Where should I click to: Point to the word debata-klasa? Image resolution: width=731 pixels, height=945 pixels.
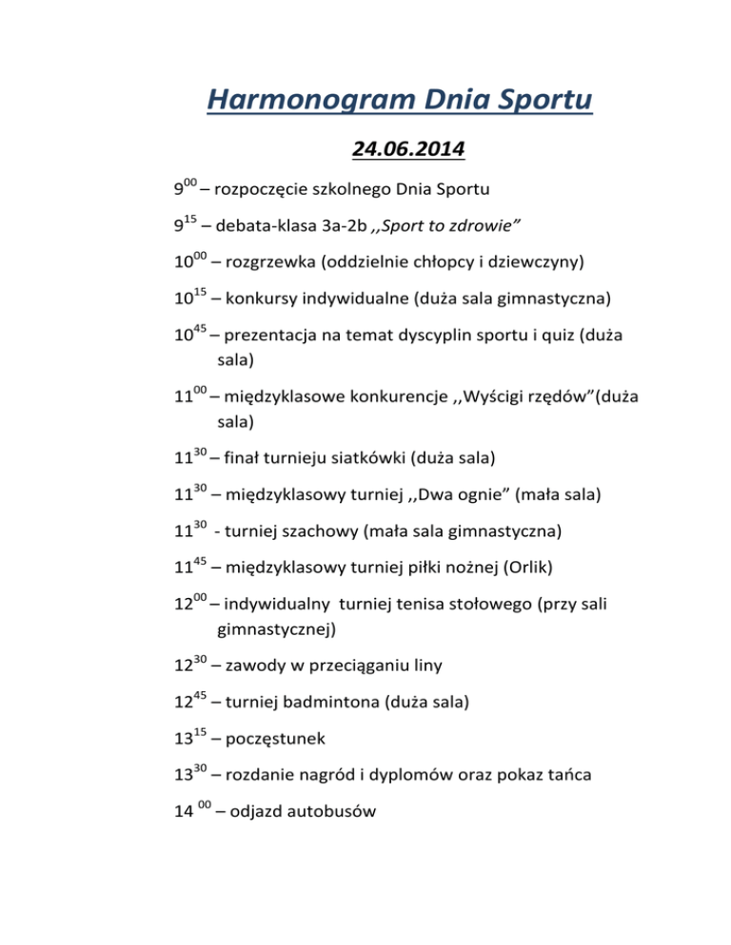[x=267, y=229]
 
